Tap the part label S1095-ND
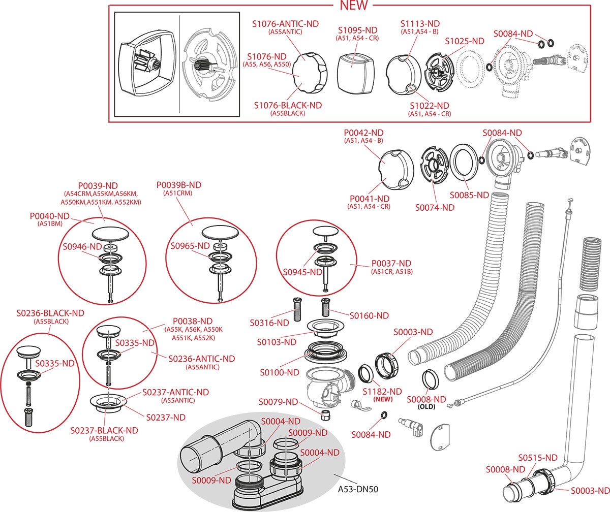(x=357, y=30)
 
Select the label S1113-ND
(x=420, y=24)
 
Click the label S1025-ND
(x=465, y=41)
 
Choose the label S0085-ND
(x=469, y=195)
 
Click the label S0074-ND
(x=435, y=207)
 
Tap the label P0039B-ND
(x=179, y=185)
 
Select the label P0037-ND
(x=391, y=263)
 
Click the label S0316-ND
(x=269, y=323)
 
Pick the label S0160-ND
(x=369, y=315)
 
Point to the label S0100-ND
(x=280, y=372)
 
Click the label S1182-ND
(x=382, y=392)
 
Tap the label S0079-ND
(x=278, y=402)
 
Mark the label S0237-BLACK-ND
(x=104, y=430)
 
